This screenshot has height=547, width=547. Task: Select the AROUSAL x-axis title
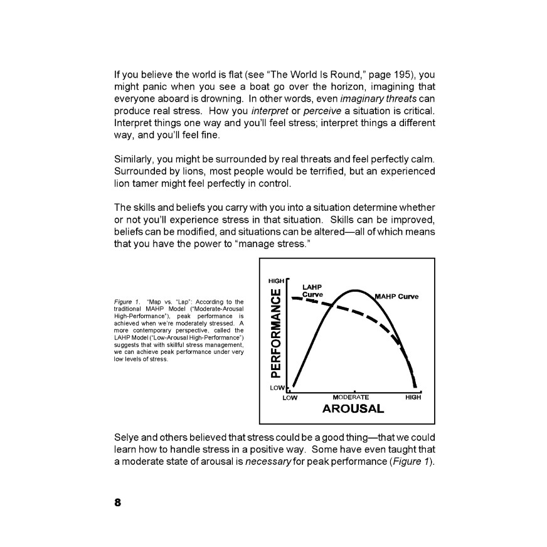click(x=353, y=409)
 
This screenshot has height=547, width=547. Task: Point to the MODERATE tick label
click(x=351, y=397)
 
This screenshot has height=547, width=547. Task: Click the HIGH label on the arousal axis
click(x=413, y=397)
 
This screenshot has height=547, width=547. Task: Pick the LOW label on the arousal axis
click(x=290, y=397)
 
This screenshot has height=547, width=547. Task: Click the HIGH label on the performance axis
click(x=276, y=280)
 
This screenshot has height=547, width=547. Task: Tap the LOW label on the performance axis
click(x=276, y=388)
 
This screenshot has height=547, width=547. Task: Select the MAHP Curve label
click(x=396, y=296)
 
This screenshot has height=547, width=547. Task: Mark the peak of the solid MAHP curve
click(x=355, y=290)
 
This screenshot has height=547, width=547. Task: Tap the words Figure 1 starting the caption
click(x=128, y=302)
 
